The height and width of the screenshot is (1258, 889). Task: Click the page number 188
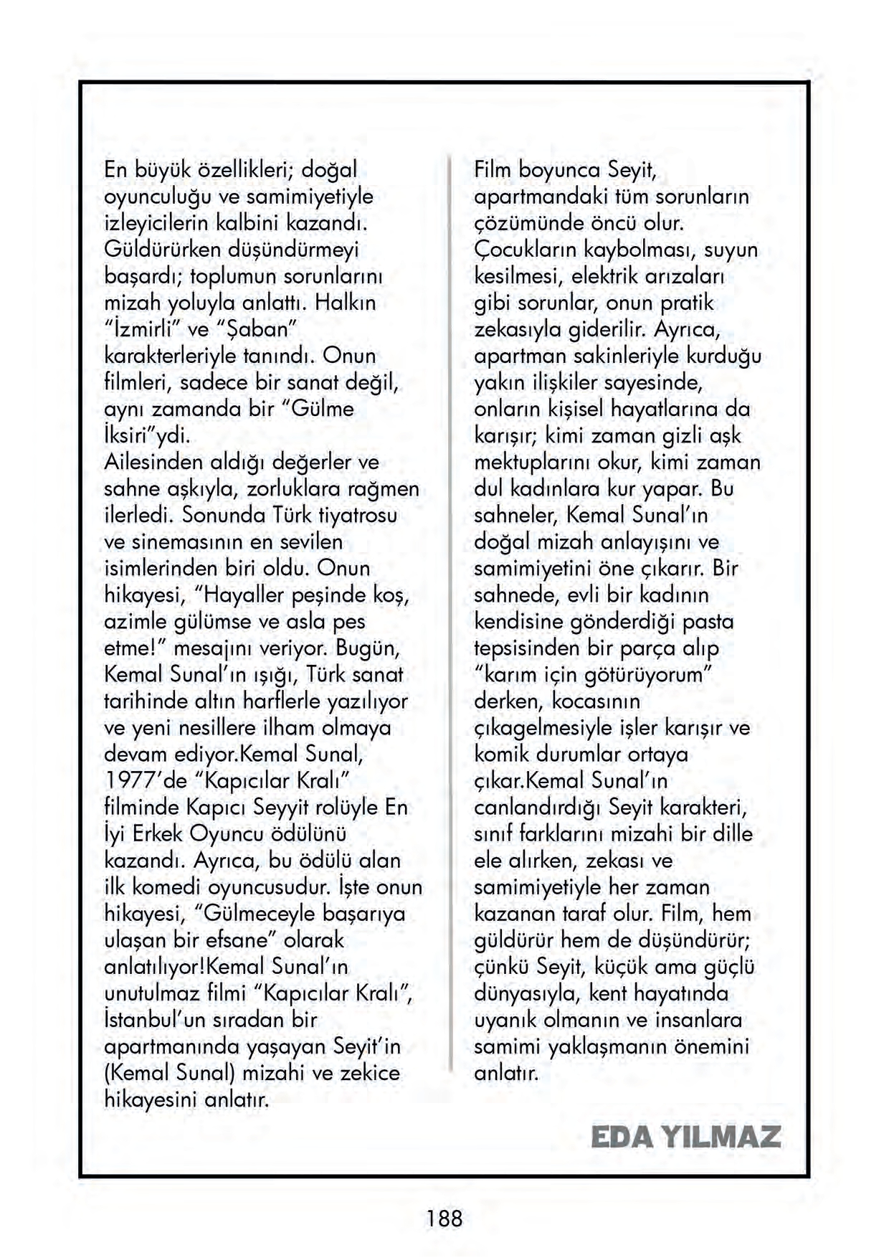tap(444, 1218)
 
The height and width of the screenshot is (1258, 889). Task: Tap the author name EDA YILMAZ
tap(685, 1137)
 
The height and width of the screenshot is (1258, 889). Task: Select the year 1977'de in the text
tap(146, 780)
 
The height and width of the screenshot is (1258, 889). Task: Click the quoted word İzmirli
tap(152, 329)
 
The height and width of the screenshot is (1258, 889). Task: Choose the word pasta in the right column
tap(708, 621)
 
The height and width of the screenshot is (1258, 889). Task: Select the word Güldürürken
tap(162, 250)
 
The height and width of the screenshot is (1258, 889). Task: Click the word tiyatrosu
tap(357, 515)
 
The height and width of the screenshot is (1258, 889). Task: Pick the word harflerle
tap(285, 701)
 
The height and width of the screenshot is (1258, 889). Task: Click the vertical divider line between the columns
tap(450, 610)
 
